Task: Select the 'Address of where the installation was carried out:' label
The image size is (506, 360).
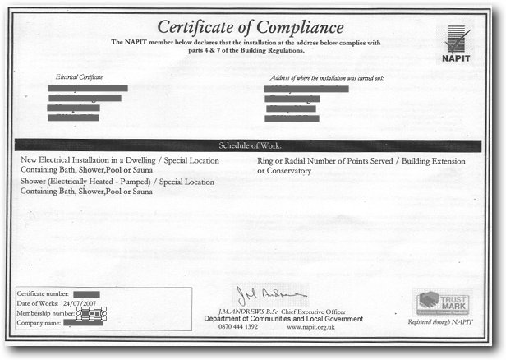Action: tap(326, 77)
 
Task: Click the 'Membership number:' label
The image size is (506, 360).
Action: tap(46, 313)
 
